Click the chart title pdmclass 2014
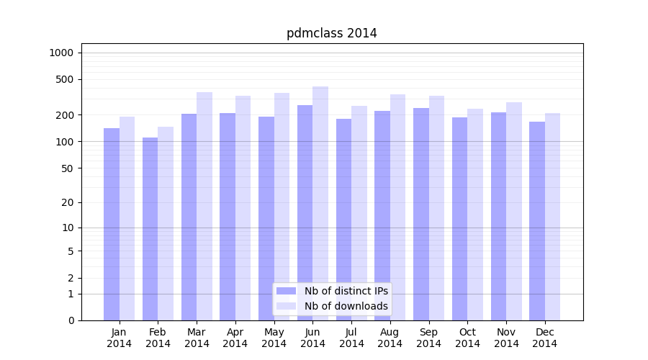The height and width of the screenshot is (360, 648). pyautogui.click(x=331, y=33)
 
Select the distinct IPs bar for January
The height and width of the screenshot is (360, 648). pyautogui.click(x=112, y=223)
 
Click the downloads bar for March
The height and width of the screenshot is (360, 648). pyautogui.click(x=204, y=206)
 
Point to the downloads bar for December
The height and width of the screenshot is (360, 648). pyautogui.click(x=553, y=216)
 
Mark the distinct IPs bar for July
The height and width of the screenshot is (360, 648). pyautogui.click(x=343, y=219)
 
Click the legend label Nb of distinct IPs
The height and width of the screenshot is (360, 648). pyautogui.click(x=346, y=291)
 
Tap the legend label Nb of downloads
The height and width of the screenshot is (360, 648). pyautogui.click(x=346, y=306)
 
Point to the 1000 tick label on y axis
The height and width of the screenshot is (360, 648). pyautogui.click(x=61, y=53)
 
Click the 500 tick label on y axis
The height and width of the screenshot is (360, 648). pyautogui.click(x=65, y=79)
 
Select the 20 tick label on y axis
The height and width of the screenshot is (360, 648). pyautogui.click(x=68, y=202)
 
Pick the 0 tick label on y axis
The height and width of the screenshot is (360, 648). pyautogui.click(x=71, y=320)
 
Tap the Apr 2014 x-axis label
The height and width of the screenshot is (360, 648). pyautogui.click(x=235, y=338)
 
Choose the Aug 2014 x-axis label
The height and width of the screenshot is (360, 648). pyautogui.click(x=390, y=338)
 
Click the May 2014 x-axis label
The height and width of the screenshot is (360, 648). pyautogui.click(x=274, y=338)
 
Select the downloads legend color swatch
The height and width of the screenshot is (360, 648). pyautogui.click(x=286, y=306)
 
